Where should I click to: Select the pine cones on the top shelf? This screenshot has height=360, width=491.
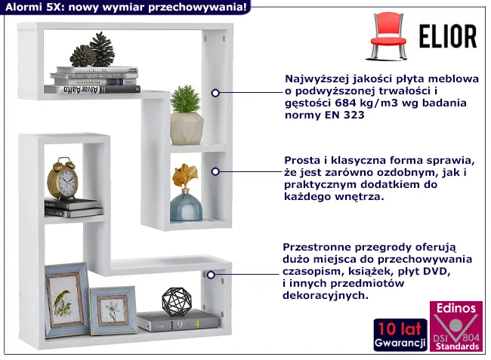tap(92, 51)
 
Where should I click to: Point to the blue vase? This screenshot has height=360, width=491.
tap(184, 205)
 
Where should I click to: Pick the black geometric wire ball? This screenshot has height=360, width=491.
tap(176, 301)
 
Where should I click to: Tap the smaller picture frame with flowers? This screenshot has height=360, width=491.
tap(113, 310)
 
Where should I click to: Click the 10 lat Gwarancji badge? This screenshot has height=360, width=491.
tap(400, 335)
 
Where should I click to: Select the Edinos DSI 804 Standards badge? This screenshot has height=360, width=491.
tap(455, 327)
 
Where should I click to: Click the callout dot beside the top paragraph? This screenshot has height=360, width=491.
tap(215, 94)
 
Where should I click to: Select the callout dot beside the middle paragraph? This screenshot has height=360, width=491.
tap(215, 171)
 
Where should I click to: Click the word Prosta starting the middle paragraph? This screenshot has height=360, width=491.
tap(301, 160)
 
